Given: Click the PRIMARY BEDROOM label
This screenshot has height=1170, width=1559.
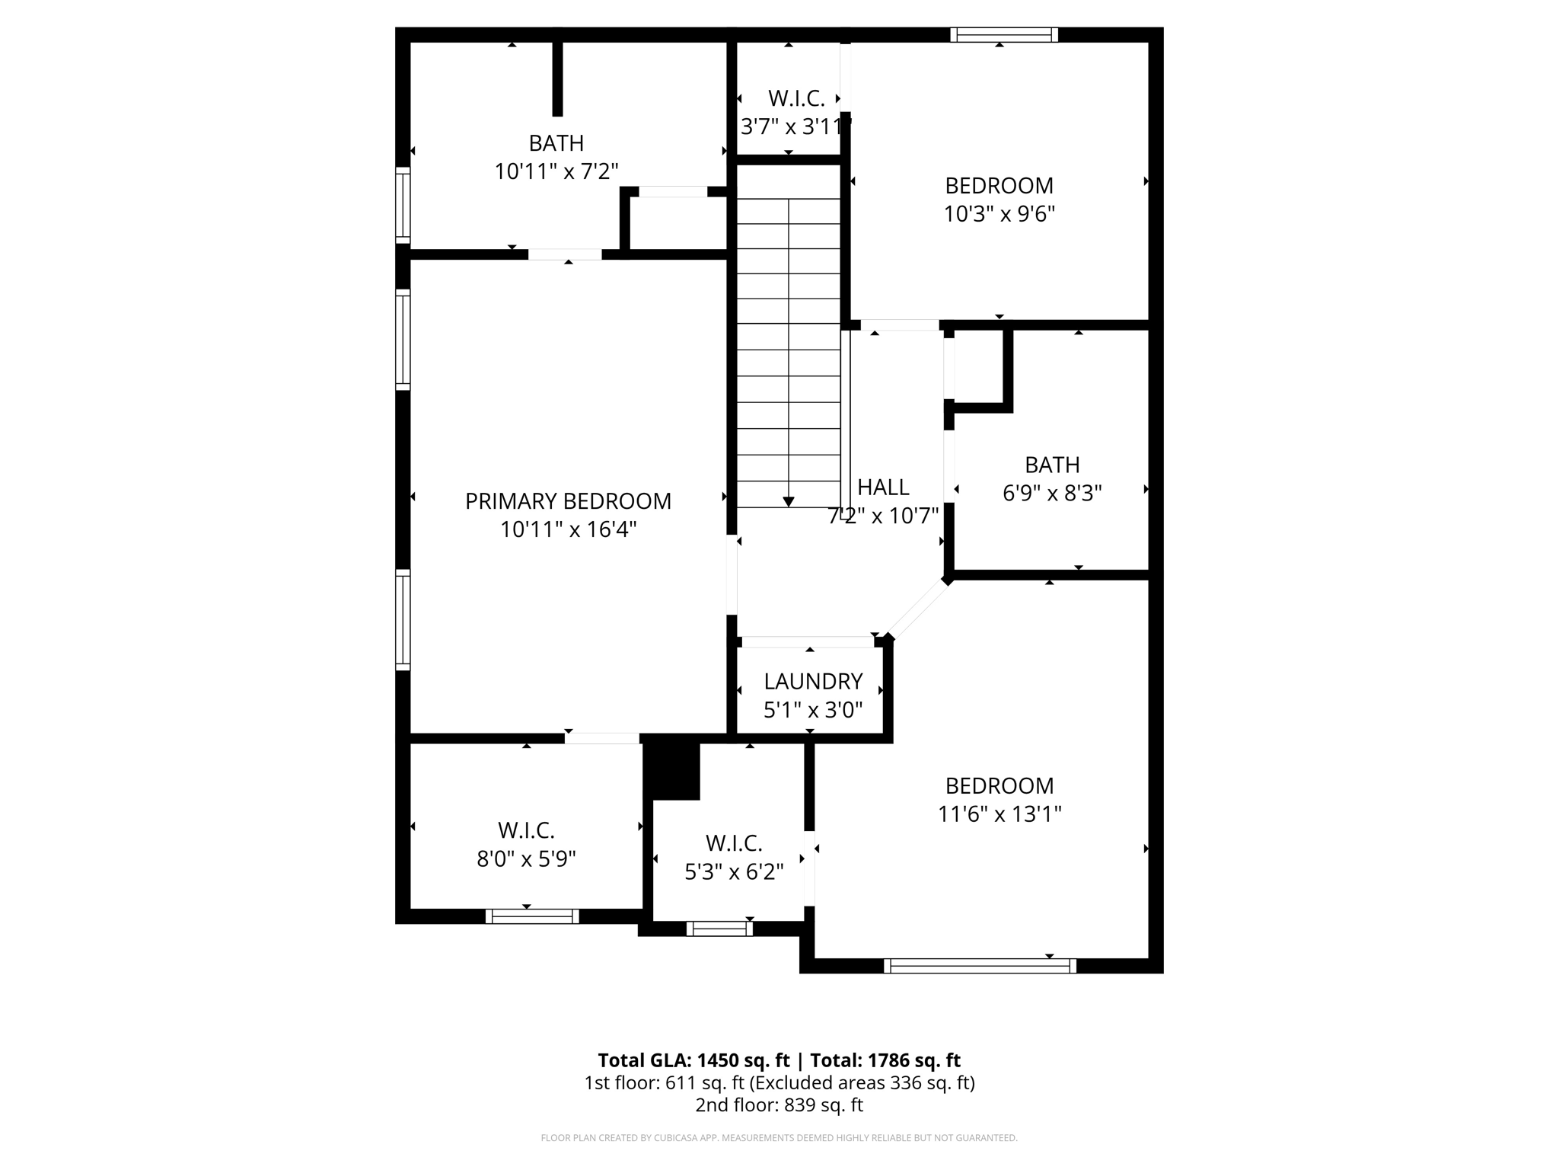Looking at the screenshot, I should pyautogui.click(x=568, y=501).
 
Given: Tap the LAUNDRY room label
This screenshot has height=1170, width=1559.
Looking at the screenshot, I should pyautogui.click(x=813, y=681).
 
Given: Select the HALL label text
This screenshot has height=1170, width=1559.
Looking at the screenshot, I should pyautogui.click(x=883, y=487).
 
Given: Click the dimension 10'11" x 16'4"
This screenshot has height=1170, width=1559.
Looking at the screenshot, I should pyautogui.click(x=568, y=529).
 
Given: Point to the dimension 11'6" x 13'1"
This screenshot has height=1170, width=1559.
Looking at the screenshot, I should pyautogui.click(x=999, y=814).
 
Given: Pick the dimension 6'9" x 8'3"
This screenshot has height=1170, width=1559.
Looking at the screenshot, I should pyautogui.click(x=1052, y=494).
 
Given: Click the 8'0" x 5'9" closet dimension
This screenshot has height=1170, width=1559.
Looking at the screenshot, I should pyautogui.click(x=526, y=859).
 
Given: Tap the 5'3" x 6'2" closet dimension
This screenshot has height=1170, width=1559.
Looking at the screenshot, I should pyautogui.click(x=734, y=872).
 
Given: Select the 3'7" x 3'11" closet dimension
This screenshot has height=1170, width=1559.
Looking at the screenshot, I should pyautogui.click(x=795, y=127).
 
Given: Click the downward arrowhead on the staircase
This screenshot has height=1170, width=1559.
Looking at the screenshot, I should pyautogui.click(x=789, y=501).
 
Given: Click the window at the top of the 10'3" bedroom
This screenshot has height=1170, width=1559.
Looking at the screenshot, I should pyautogui.click(x=1004, y=35).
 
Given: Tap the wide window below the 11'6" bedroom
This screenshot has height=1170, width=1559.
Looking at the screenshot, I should pyautogui.click(x=980, y=966).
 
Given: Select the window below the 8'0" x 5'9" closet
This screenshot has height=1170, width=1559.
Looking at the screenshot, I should pyautogui.click(x=532, y=916).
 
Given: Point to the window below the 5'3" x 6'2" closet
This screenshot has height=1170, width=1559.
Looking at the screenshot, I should pyautogui.click(x=719, y=929).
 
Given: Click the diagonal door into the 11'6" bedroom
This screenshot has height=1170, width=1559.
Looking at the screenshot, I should pyautogui.click(x=919, y=609).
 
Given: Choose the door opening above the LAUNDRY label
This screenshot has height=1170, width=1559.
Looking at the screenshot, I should pyautogui.click(x=807, y=641).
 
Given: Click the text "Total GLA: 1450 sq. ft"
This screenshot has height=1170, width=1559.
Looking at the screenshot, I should pyautogui.click(x=693, y=1060).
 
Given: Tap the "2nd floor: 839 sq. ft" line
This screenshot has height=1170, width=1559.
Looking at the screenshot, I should pyautogui.click(x=779, y=1105).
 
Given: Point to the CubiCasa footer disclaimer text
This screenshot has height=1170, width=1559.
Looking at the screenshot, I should pyautogui.click(x=779, y=1138).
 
